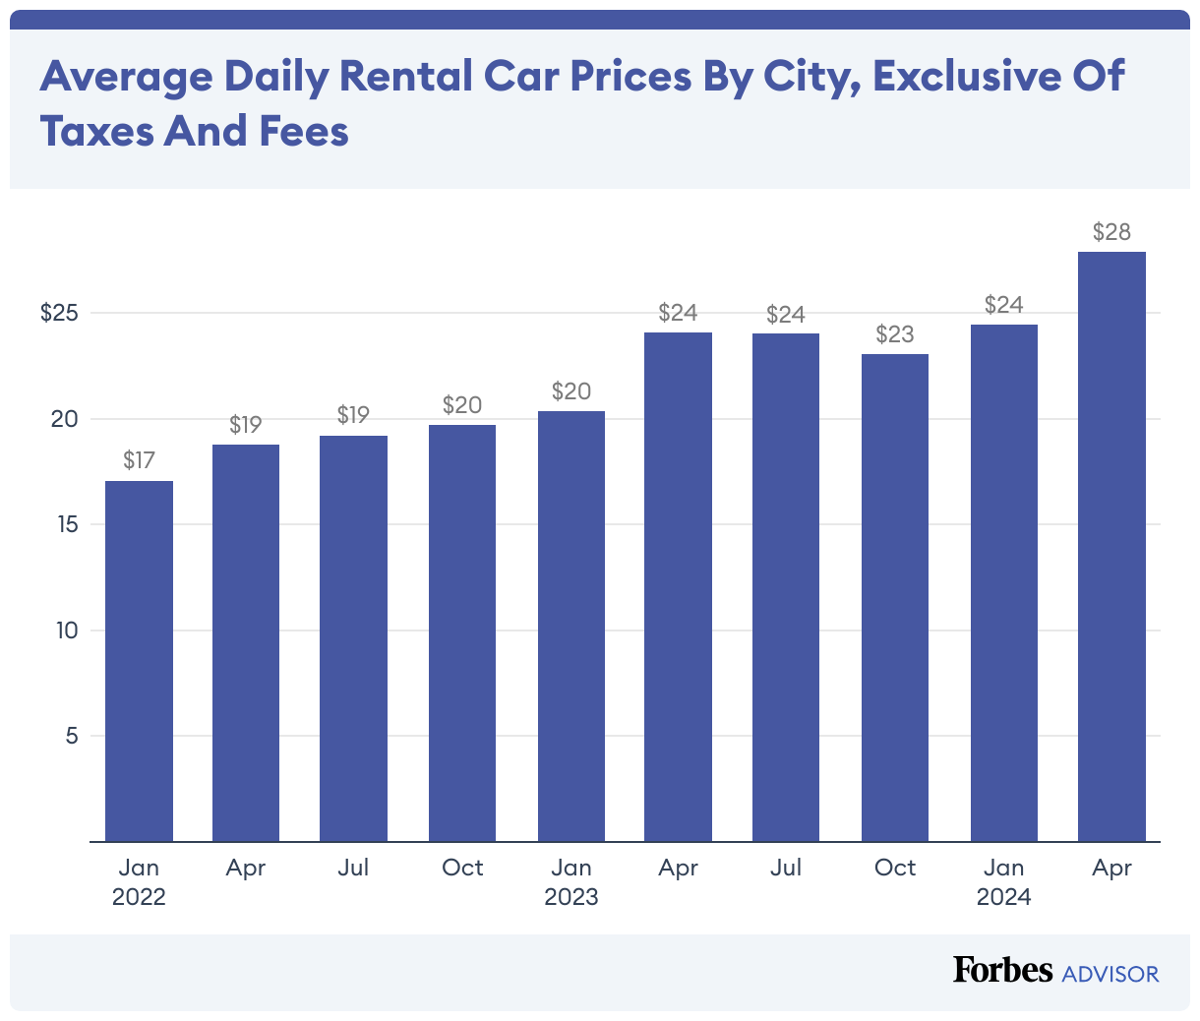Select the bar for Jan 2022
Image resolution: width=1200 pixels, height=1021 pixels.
click(139, 661)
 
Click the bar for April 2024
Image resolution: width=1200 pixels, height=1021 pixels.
click(1111, 547)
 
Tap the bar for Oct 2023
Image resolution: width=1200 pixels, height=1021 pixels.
click(895, 598)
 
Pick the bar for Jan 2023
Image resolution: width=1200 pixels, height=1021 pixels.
click(570, 627)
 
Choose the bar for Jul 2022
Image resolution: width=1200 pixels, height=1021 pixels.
click(353, 638)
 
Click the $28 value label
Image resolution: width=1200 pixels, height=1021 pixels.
click(1111, 232)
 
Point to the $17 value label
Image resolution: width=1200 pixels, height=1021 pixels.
click(139, 460)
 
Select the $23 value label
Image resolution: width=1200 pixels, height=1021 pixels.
click(895, 334)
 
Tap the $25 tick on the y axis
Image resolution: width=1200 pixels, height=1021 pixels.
click(59, 313)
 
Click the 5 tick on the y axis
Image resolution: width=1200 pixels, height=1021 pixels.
click(71, 736)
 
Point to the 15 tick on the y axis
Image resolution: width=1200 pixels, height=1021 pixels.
click(66, 524)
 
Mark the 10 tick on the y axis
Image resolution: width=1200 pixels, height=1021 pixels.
click(66, 631)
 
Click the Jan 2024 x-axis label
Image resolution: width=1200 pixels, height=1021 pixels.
click(1003, 881)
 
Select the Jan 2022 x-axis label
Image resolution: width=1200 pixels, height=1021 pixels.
click(139, 881)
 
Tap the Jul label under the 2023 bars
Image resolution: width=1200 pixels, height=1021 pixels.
click(786, 868)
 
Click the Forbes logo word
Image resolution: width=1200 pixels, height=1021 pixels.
click(1002, 970)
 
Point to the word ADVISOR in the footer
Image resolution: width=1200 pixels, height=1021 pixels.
click(1110, 974)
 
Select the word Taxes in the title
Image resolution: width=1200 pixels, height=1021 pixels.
click(95, 131)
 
